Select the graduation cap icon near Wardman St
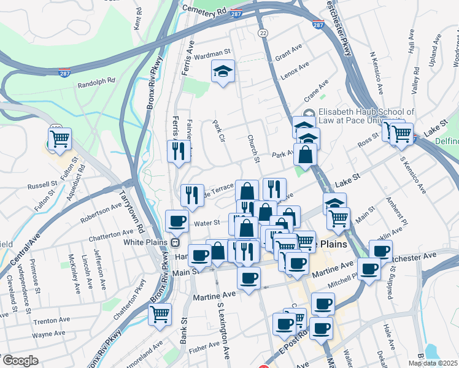tap(223, 72)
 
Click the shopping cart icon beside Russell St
tap(60, 140)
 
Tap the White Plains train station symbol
tap(176, 242)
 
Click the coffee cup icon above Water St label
tap(177, 221)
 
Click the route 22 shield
tap(263, 32)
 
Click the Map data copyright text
tap(432, 363)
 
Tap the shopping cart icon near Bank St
tap(160, 315)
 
